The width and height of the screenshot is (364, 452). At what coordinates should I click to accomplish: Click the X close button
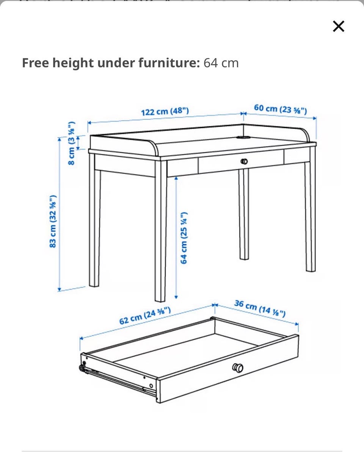coord(339,26)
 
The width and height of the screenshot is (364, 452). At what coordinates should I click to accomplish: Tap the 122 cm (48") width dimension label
coord(165,111)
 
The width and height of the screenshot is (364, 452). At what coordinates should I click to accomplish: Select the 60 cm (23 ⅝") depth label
coord(280,109)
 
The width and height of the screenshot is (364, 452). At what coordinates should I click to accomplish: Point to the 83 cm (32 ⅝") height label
coord(53,221)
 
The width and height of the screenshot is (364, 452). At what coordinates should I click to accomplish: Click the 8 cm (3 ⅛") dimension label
coord(72,143)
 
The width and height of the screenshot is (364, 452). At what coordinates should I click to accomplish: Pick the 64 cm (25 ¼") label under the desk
coord(184,238)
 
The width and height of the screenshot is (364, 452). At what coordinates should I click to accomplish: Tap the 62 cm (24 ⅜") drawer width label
coord(145,316)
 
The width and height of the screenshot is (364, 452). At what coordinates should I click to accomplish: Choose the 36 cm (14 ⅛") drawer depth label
coord(260,308)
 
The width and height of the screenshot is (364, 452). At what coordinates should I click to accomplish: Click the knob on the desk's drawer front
coord(244,161)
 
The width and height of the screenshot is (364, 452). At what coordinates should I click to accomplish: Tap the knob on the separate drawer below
coord(238,368)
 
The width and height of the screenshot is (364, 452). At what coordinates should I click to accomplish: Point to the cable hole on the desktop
coord(244,138)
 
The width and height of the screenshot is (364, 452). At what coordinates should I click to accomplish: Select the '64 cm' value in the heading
coord(221,63)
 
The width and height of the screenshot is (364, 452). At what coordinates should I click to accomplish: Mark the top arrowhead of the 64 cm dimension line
coord(176,178)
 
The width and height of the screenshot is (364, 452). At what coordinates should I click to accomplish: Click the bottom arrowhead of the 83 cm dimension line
coord(60,289)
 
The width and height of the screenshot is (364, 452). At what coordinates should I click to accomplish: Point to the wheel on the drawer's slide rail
coord(82,368)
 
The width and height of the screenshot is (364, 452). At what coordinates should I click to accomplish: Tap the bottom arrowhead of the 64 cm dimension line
coord(176,297)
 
